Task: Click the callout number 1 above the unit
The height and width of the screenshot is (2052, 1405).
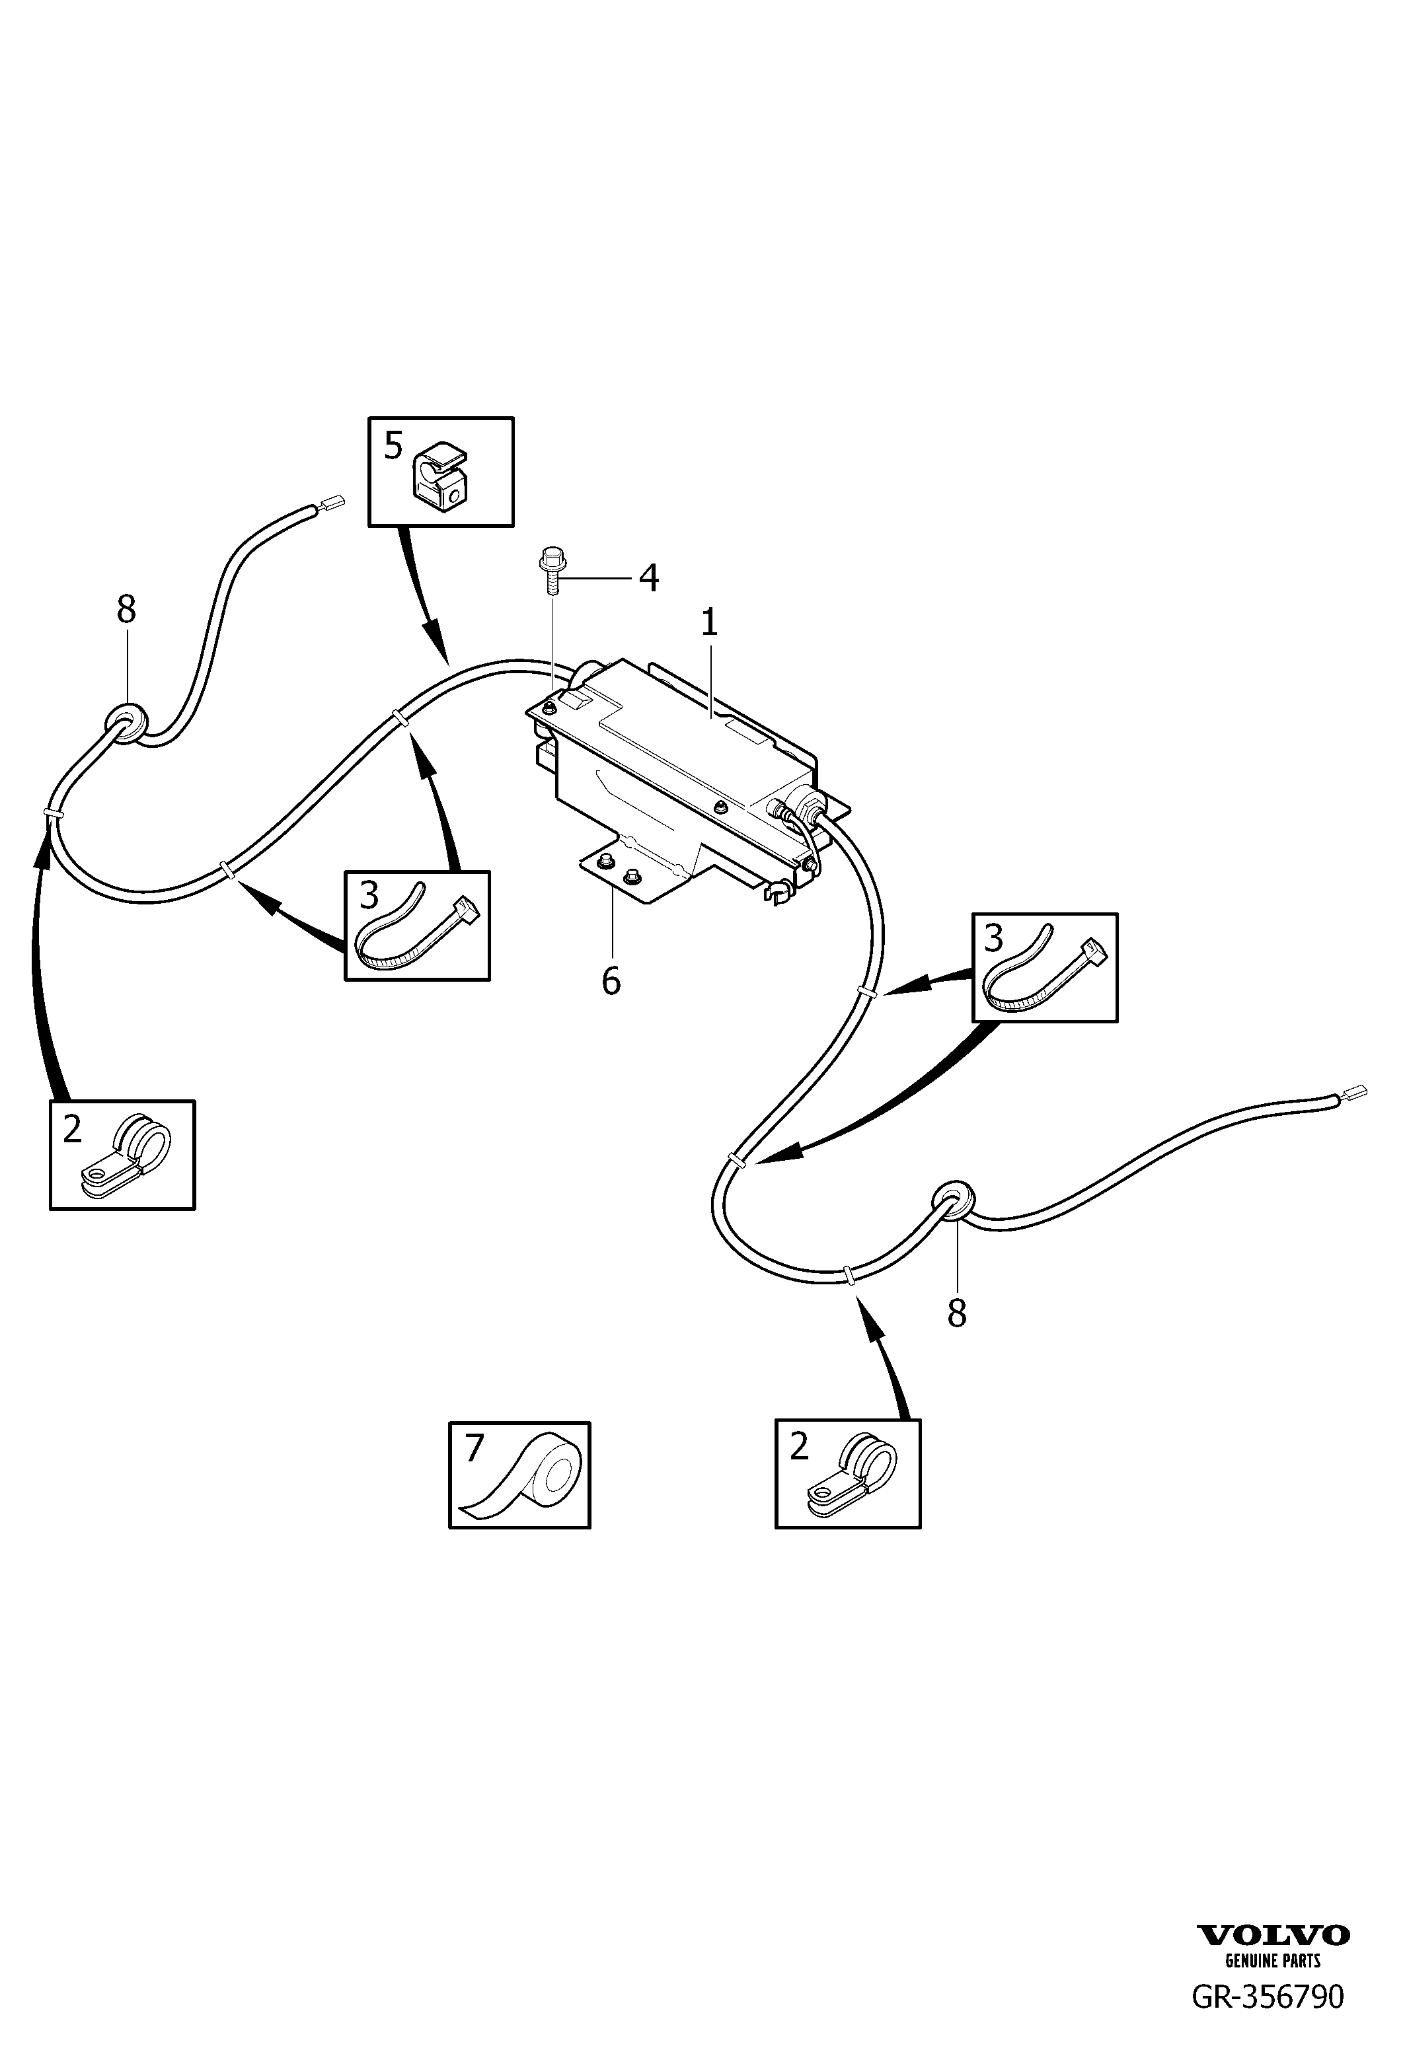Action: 709,624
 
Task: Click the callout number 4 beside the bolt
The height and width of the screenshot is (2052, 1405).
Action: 648,578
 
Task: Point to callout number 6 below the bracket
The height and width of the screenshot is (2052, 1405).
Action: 611,981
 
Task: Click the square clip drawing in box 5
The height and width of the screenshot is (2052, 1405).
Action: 439,478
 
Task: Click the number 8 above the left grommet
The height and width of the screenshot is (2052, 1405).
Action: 126,609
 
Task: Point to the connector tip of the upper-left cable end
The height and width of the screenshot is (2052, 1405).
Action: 334,503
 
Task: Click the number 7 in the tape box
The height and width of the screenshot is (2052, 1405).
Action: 475,1447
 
